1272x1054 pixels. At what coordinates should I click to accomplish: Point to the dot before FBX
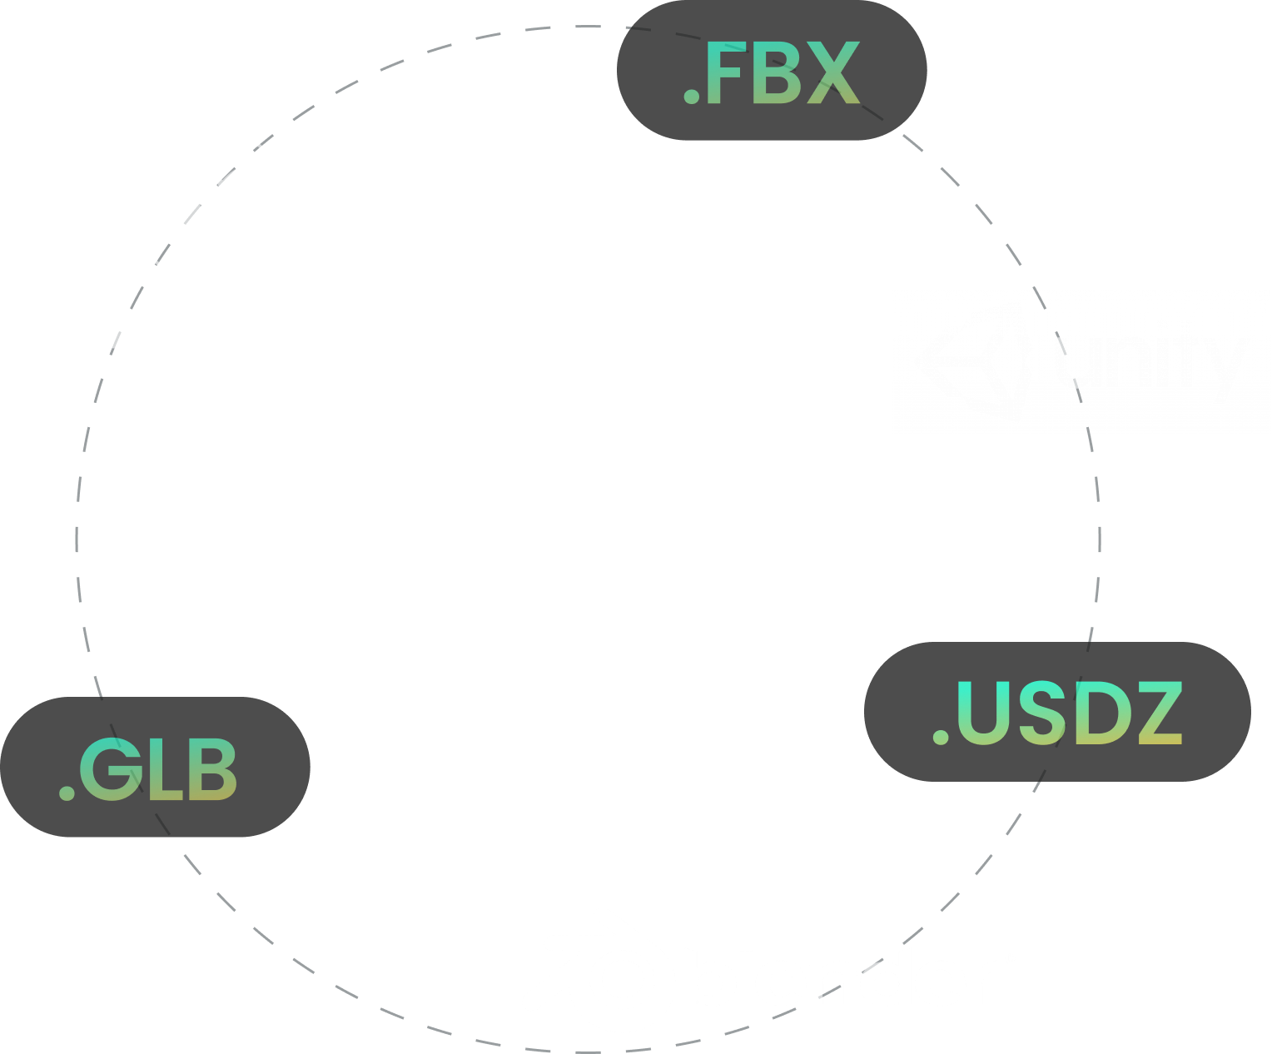(690, 98)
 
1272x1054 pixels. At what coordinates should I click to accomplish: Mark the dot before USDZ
(941, 738)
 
